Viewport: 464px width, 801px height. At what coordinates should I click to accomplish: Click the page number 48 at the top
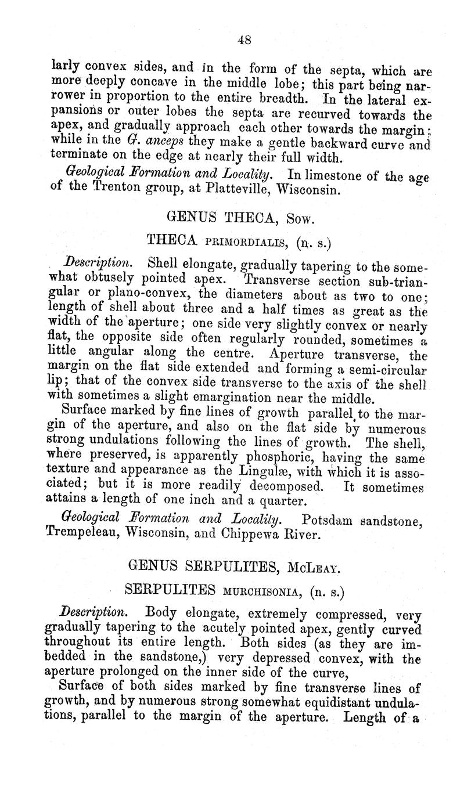point(244,40)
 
